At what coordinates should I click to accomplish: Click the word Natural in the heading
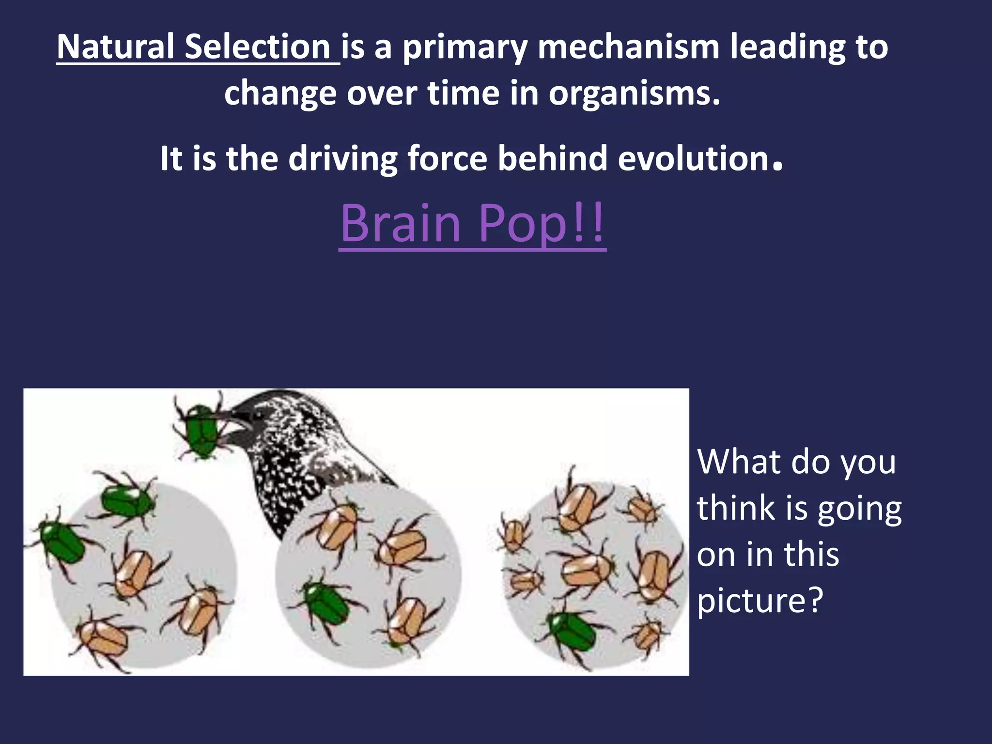tap(115, 47)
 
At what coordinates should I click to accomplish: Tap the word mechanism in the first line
tap(628, 47)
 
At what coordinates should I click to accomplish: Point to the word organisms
tap(634, 93)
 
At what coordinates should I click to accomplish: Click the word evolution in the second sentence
tap(694, 158)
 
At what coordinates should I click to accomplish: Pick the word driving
tap(343, 159)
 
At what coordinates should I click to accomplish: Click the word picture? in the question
tap(760, 600)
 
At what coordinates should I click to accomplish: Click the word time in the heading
tap(463, 93)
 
